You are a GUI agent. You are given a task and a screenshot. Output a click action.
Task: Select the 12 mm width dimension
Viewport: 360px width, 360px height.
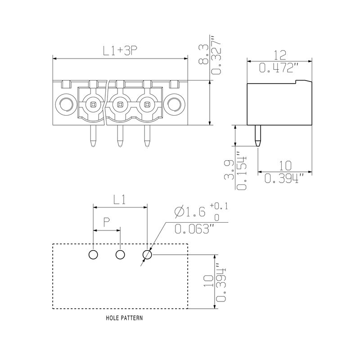[x=280, y=55]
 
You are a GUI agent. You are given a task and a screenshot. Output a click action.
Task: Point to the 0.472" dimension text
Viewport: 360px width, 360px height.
[x=279, y=68]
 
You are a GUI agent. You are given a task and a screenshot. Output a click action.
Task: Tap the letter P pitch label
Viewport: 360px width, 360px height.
[x=107, y=222]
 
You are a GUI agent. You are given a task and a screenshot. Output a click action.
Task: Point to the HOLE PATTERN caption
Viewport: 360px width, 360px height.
[x=124, y=318]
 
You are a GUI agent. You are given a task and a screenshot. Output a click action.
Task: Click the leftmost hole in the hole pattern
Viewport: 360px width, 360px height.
[x=93, y=255]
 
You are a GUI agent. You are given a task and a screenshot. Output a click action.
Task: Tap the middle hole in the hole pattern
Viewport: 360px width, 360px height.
[x=120, y=255]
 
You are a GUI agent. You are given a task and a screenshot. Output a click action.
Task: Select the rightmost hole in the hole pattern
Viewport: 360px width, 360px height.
[x=147, y=255]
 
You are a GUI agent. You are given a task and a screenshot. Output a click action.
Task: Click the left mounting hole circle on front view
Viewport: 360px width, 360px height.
[x=65, y=105]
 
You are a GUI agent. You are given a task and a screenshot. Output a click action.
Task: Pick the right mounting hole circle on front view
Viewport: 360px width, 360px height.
[x=174, y=105]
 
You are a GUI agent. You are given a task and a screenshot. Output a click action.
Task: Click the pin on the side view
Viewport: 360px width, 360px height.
[x=257, y=135]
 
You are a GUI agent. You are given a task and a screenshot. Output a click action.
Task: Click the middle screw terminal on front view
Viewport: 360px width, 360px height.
[x=119, y=105]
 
